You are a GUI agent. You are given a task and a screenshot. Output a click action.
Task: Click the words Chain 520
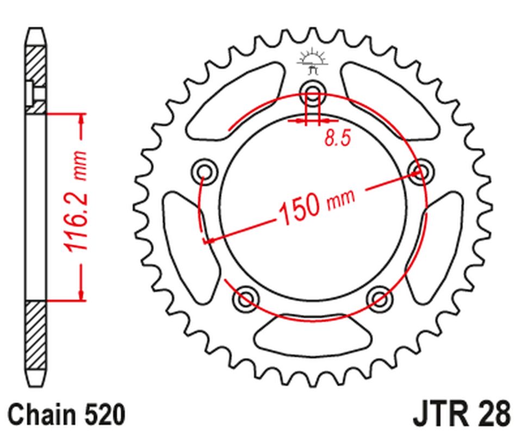(x=67, y=415)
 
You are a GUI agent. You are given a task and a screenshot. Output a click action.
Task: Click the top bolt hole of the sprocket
(x=312, y=91)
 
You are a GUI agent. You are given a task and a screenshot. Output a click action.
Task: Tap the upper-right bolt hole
(x=420, y=171)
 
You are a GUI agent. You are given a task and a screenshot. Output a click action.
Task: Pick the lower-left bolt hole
(x=246, y=297)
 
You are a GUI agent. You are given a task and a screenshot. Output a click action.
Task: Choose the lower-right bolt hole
(x=379, y=297)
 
